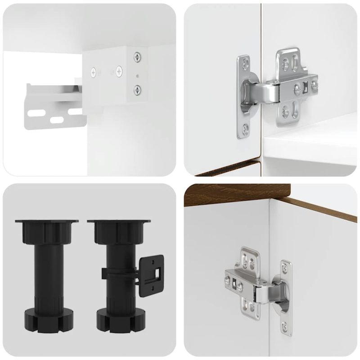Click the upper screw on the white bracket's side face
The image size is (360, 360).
click(x=136, y=57)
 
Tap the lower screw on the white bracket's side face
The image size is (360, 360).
click(x=136, y=89)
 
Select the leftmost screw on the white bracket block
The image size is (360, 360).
click(x=94, y=71)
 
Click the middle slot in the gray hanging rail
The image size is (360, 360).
click(x=56, y=120)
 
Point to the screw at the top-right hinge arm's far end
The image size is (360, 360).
click(x=315, y=84)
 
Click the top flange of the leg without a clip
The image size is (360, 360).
click(x=46, y=221)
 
